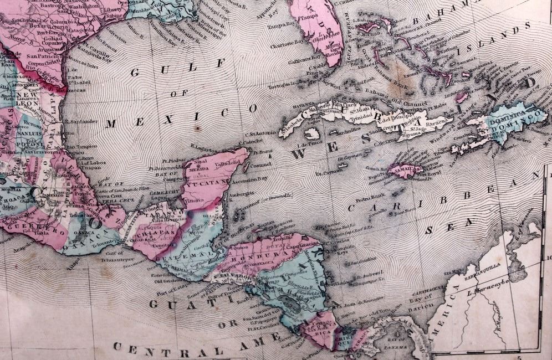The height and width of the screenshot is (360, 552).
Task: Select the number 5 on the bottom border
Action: pyautogui.click(x=519, y=356)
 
